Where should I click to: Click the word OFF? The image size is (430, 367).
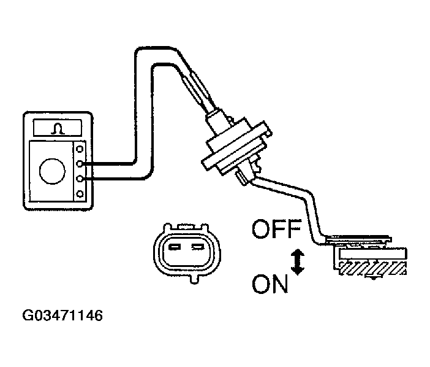[x=276, y=231]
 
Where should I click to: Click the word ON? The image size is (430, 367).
[x=270, y=285]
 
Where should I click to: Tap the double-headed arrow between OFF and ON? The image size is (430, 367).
[x=297, y=260]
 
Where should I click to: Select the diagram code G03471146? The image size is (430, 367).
[x=62, y=317]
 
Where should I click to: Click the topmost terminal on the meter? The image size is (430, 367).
[x=80, y=149]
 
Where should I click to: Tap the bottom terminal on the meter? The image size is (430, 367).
[x=80, y=194]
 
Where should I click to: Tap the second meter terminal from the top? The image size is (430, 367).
[x=80, y=163]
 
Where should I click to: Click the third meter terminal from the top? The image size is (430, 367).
[x=80, y=179]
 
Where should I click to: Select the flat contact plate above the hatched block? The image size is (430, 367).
[x=368, y=250]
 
